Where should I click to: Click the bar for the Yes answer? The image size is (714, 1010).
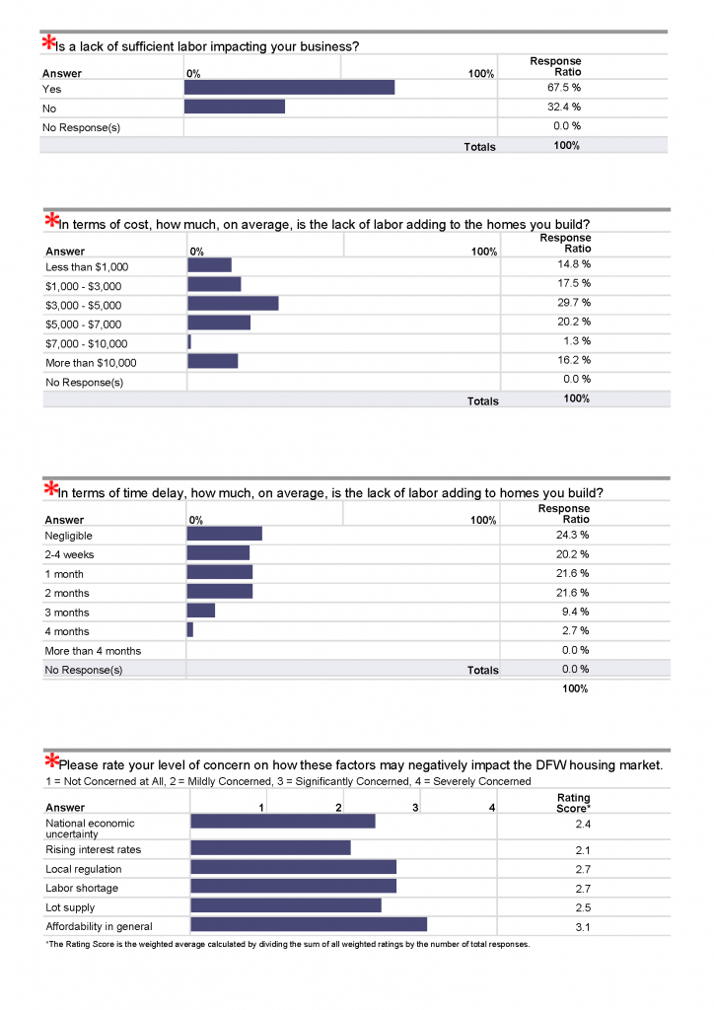coord(289,88)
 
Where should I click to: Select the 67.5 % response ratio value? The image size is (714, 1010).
coord(564,88)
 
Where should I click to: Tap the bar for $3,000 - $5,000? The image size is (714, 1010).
coord(233,304)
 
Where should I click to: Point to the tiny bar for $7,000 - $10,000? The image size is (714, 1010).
coord(189,342)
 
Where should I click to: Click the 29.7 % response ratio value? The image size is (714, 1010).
coord(574,303)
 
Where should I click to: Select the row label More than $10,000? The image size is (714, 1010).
coord(91,363)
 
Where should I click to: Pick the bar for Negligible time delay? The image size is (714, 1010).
coord(225,534)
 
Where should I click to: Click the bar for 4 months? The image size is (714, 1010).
coord(190,629)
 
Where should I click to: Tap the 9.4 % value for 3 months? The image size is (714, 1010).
coord(575,612)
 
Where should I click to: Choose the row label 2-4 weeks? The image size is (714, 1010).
coord(69,554)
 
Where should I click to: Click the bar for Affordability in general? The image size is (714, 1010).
coord(309,924)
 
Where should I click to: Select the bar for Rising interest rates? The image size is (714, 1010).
coord(271,847)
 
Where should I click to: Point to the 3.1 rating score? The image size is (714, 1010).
coord(583,927)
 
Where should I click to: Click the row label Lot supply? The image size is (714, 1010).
coord(70,907)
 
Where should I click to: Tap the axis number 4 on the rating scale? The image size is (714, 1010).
coord(492,808)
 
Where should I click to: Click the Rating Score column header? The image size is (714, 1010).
coord(573,803)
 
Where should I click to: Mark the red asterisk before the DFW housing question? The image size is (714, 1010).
coord(51,760)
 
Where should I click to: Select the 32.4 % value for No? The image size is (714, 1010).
coord(564,107)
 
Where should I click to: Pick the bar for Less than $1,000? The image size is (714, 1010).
coord(209,264)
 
